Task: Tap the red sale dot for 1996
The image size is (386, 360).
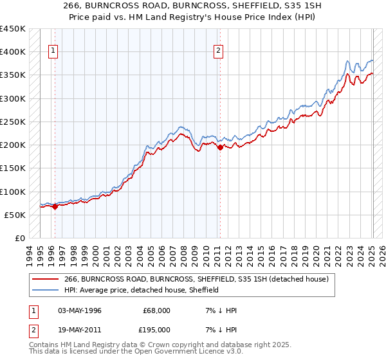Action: [x=55, y=207]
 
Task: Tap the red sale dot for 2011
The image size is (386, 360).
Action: [x=220, y=147]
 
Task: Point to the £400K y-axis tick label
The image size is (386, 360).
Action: [x=12, y=52]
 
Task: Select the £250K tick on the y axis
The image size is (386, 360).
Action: [x=12, y=122]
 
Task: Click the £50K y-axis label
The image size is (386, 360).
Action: [x=15, y=215]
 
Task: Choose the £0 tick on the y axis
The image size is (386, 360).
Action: [x=19, y=238]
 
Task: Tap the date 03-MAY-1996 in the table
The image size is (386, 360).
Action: [x=80, y=310]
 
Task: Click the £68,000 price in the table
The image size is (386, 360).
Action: [x=157, y=310]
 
